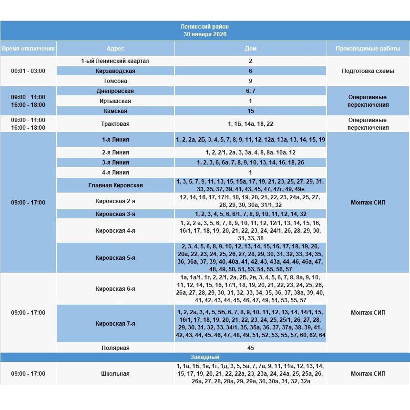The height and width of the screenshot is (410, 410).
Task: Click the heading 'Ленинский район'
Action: (205, 27)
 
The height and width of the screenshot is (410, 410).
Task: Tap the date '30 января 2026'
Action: (205, 34)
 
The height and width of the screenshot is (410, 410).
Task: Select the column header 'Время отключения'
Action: (28, 49)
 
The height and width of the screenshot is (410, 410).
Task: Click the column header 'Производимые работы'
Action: (368, 49)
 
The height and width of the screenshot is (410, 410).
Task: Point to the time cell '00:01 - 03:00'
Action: (28, 71)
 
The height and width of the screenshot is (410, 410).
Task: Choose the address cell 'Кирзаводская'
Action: (115, 71)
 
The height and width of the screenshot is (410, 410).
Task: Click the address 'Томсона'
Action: (115, 81)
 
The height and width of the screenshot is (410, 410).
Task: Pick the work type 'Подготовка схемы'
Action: (368, 71)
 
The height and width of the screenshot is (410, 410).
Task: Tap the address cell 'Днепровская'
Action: (115, 91)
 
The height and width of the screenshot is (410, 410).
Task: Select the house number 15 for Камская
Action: (251, 111)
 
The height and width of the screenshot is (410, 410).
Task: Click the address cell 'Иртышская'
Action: (115, 101)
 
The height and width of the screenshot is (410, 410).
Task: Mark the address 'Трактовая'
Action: (115, 124)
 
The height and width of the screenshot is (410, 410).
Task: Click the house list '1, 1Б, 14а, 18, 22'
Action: (251, 124)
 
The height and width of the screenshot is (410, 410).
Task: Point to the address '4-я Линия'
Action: (115, 173)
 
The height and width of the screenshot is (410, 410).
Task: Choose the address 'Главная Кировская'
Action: (115, 185)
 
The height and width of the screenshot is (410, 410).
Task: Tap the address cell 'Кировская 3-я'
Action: (115, 214)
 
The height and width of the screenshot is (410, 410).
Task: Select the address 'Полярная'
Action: (115, 348)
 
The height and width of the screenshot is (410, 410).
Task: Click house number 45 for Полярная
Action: (251, 348)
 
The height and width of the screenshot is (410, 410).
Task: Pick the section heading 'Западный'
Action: (205, 357)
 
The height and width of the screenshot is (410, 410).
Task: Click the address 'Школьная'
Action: (115, 374)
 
